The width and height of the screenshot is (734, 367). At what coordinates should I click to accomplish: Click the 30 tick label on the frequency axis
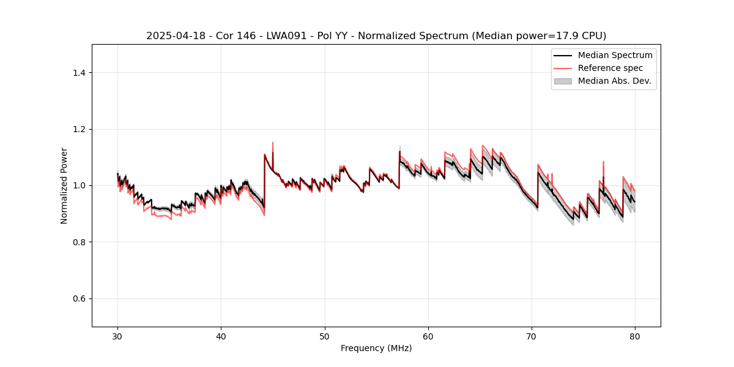click(x=117, y=336)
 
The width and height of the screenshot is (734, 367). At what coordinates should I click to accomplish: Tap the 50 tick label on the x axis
click(x=325, y=336)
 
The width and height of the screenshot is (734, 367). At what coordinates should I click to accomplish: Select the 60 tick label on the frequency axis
click(x=428, y=336)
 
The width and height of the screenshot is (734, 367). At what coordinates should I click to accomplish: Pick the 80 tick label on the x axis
click(x=635, y=336)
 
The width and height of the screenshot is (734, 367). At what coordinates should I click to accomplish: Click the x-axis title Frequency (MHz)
click(x=376, y=348)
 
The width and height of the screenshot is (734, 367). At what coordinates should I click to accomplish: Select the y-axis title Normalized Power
click(x=64, y=185)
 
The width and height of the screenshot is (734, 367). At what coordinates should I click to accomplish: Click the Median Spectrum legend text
click(x=615, y=55)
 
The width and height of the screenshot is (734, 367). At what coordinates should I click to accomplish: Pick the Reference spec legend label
click(x=610, y=68)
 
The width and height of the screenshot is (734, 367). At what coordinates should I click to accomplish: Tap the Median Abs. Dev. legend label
click(x=614, y=81)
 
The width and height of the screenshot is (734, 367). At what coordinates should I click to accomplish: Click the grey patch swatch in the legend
click(x=563, y=81)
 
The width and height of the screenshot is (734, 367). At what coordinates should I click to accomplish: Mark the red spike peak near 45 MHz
click(x=273, y=143)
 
